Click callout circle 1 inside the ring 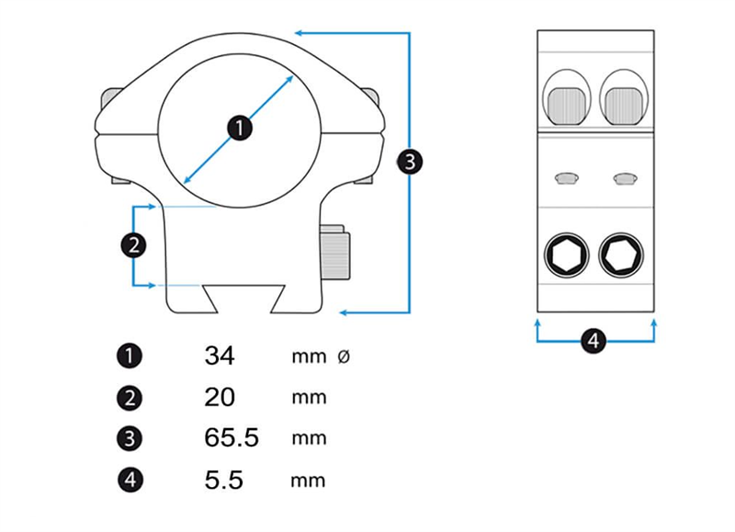tap(239, 128)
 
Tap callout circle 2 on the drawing tap(134, 244)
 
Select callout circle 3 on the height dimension tap(410, 162)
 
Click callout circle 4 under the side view tap(594, 341)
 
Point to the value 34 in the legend tap(220, 356)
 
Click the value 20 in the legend tap(220, 397)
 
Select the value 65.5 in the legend tap(232, 438)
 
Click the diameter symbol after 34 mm tap(344, 357)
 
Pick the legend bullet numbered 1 tap(130, 356)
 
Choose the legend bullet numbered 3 tap(130, 438)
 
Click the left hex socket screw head tap(566, 255)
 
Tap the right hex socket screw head tap(621, 255)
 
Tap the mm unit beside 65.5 tap(309, 438)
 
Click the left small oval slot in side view tap(566, 176)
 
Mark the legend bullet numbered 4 tap(130, 479)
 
